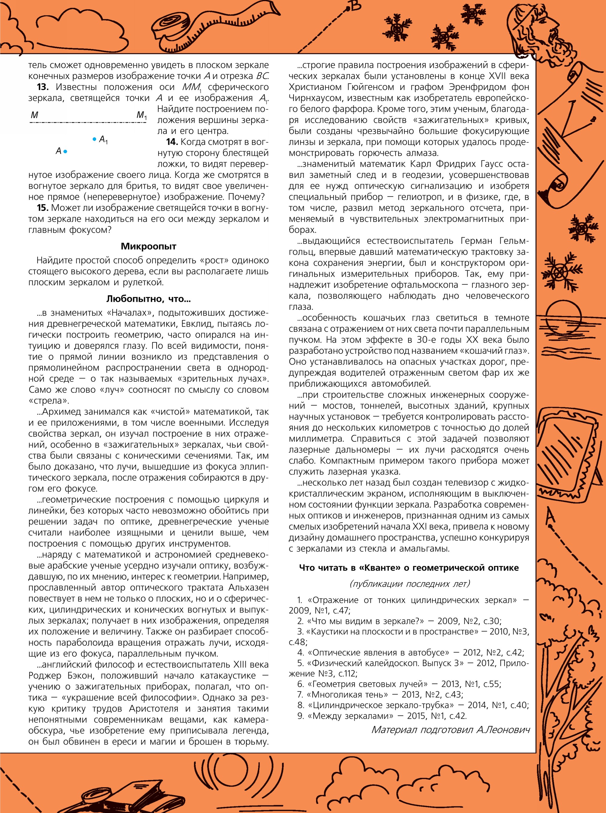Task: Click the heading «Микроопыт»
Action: tap(148, 246)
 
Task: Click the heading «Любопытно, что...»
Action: tap(148, 299)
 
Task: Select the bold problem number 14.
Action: tap(172, 142)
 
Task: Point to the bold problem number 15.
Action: tap(42, 208)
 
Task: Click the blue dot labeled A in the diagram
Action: tap(65, 151)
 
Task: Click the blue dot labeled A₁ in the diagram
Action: tap(94, 139)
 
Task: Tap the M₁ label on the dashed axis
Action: tap(142, 115)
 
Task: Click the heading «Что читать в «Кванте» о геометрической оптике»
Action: tap(409, 568)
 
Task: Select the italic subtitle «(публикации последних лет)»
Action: tap(409, 583)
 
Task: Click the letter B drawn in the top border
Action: tap(355, 6)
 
